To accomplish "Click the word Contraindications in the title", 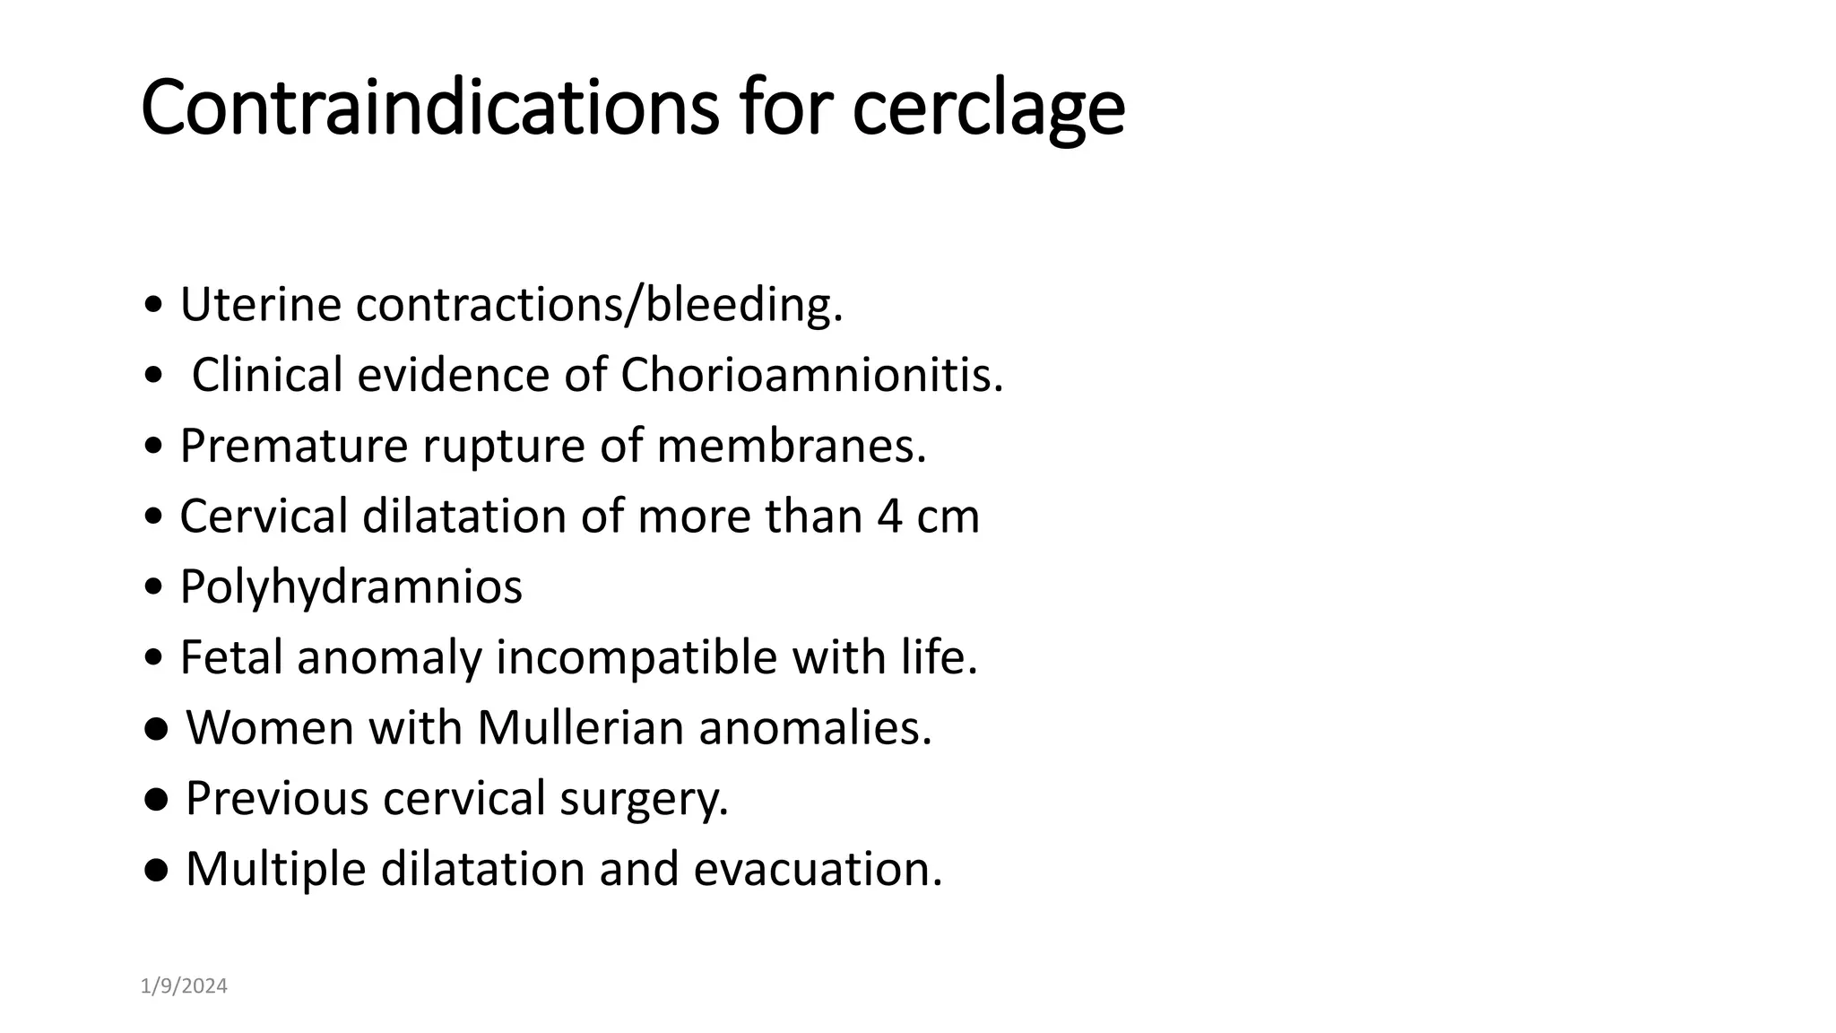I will [x=429, y=108].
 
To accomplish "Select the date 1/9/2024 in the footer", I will [x=184, y=986].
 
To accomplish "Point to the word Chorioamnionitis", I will [x=811, y=374].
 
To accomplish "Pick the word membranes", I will [x=791, y=445].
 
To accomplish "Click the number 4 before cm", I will [x=889, y=516].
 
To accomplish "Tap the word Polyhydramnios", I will [x=351, y=587].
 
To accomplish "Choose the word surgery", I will [x=644, y=798].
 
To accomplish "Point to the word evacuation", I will [x=818, y=868].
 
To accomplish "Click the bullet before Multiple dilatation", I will [x=155, y=869].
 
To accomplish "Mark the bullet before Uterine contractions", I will [x=153, y=306].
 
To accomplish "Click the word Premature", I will [x=293, y=445].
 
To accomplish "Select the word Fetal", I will [x=231, y=656].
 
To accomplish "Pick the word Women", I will [x=269, y=726].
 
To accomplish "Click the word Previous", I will [x=276, y=797].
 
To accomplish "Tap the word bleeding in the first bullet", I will [x=744, y=304].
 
